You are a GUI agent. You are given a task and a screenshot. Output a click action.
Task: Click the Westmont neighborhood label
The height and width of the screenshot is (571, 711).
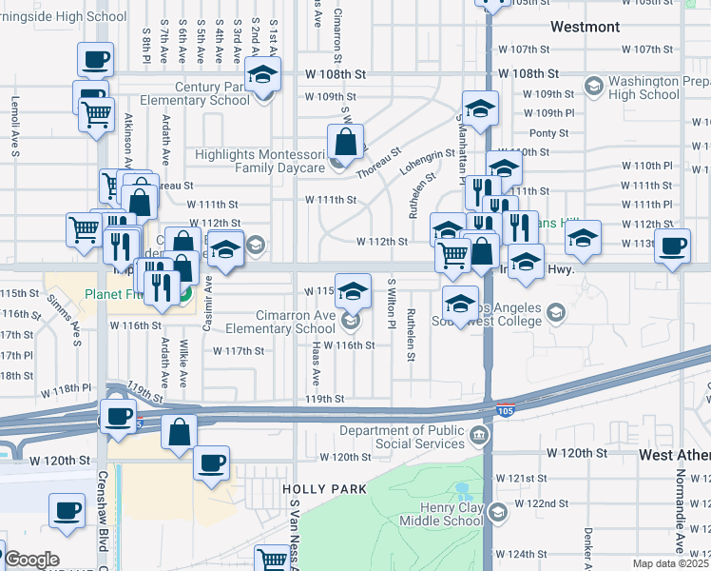tap(585, 27)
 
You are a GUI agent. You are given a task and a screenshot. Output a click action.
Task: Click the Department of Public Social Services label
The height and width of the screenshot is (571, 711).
tap(407, 438)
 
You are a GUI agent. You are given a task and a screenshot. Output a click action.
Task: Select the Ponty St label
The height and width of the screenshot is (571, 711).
tap(548, 133)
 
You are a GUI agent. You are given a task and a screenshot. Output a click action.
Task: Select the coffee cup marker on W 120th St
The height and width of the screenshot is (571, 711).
tap(212, 463)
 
